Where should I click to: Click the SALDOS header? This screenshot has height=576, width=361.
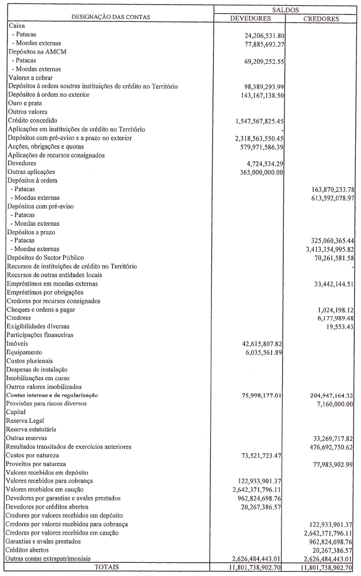click(x=285, y=10)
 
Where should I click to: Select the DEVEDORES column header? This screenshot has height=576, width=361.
click(x=250, y=18)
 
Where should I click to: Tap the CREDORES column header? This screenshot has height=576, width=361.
click(x=321, y=18)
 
